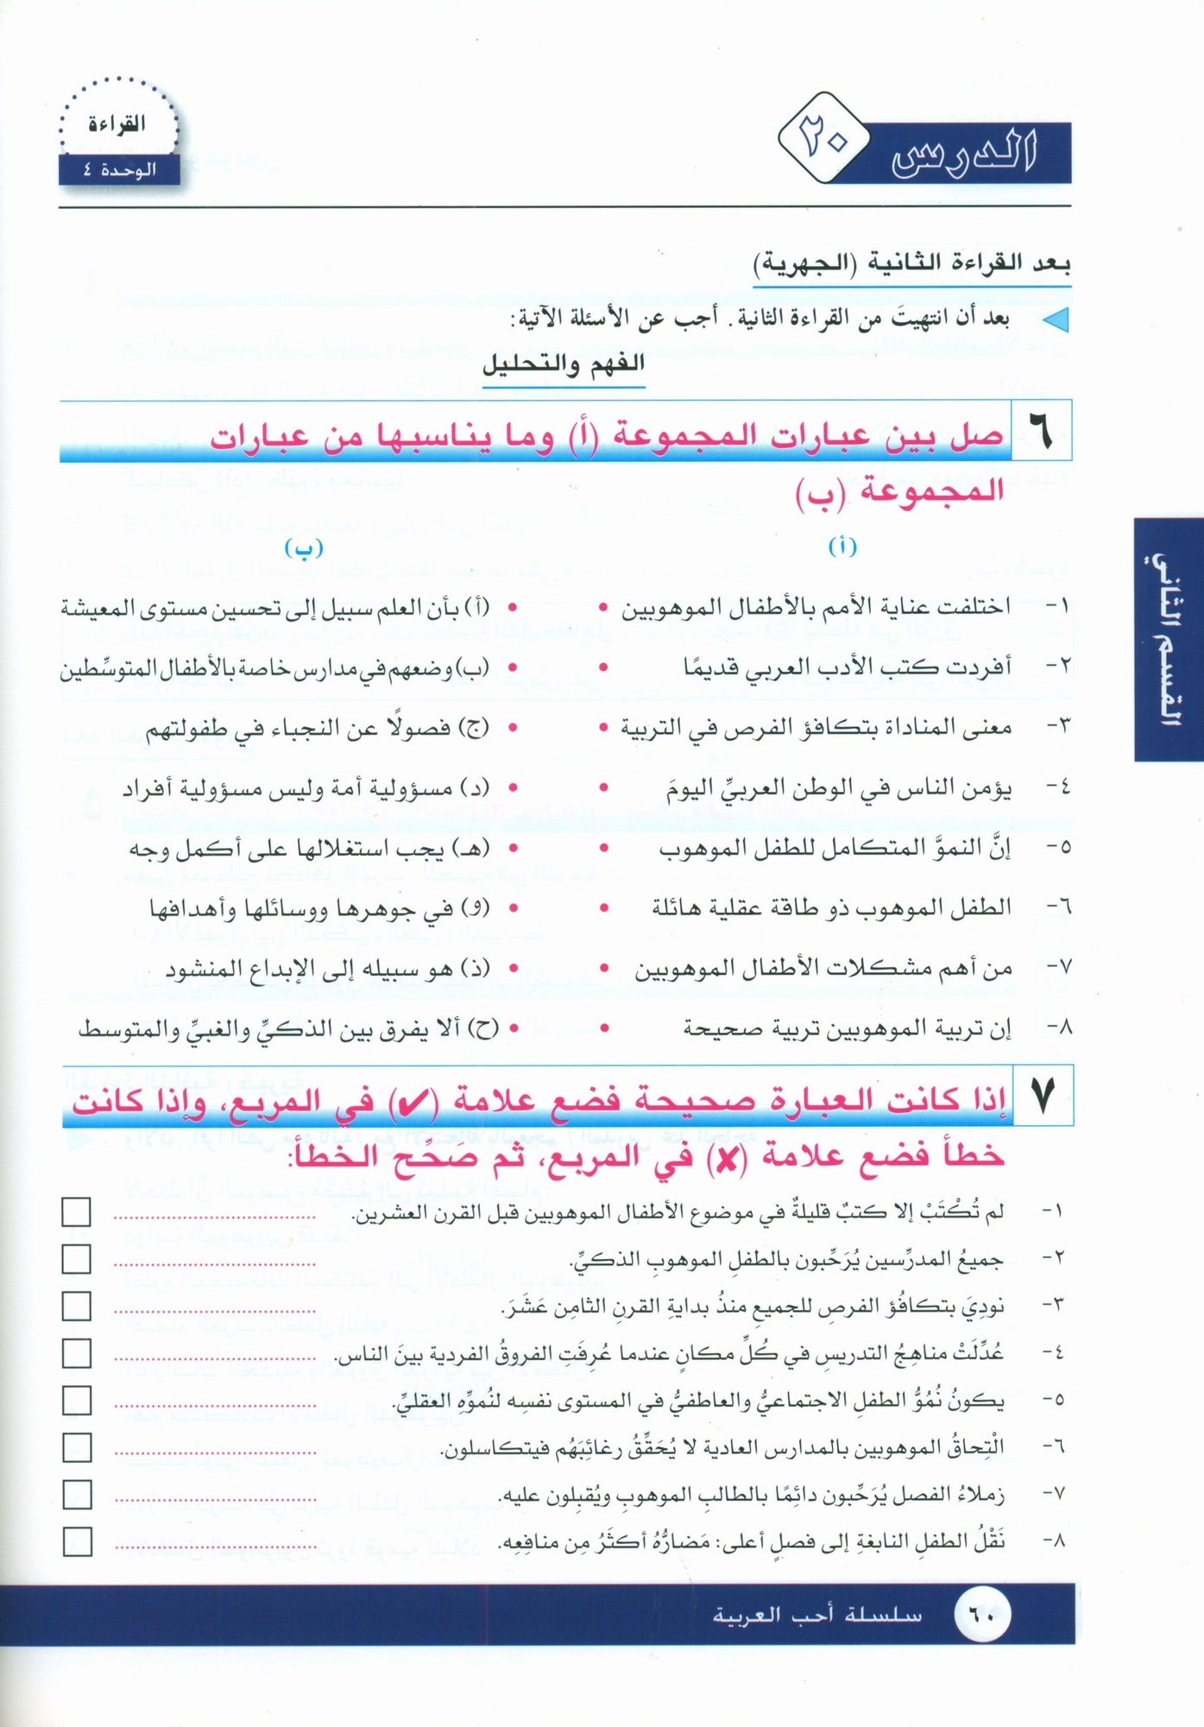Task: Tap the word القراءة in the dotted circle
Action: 117,124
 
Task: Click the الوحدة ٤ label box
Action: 119,170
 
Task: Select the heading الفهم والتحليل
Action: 563,364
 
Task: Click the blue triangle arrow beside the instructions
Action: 1056,320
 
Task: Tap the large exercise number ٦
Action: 1041,431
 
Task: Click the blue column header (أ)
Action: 842,547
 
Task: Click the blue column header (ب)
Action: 304,549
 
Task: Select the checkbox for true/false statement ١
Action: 77,1212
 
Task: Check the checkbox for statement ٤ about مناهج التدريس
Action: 77,1353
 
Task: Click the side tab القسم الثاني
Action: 1169,639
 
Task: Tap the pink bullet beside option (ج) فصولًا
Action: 513,728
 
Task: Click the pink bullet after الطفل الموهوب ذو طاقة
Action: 603,908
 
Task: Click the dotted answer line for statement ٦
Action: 215,1454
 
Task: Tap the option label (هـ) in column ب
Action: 474,849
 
